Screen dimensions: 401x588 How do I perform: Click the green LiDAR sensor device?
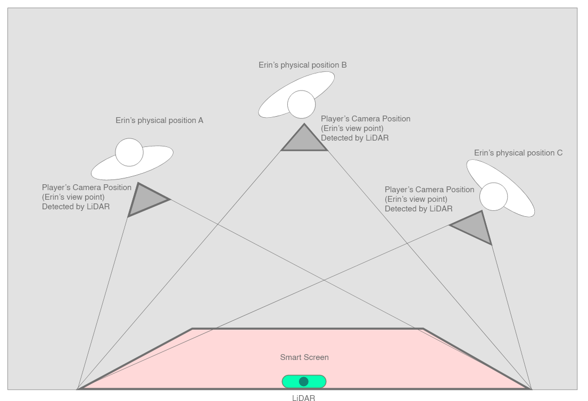coord(304,381)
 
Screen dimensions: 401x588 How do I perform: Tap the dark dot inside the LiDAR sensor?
coord(304,381)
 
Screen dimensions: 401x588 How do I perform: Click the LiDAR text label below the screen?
coord(303,397)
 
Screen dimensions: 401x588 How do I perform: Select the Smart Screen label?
coord(304,357)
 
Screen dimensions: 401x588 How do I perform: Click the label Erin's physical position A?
coord(160,120)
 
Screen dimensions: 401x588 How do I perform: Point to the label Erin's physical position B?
coord(303,65)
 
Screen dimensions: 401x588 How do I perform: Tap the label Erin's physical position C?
coord(518,153)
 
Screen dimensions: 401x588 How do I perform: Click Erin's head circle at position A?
coord(129,152)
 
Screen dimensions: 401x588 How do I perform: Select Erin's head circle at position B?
coord(301,104)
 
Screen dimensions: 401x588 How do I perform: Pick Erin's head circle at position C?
coord(494,197)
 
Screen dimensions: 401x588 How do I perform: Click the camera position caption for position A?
coord(87,197)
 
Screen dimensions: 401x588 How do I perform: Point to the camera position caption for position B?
coord(366,128)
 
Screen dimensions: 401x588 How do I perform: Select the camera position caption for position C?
coord(429,199)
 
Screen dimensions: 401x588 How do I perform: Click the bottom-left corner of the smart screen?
coord(79,389)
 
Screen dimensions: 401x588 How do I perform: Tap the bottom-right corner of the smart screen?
coord(531,389)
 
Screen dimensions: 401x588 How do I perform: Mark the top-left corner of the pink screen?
coord(192,329)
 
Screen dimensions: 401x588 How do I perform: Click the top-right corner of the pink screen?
coord(423,329)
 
